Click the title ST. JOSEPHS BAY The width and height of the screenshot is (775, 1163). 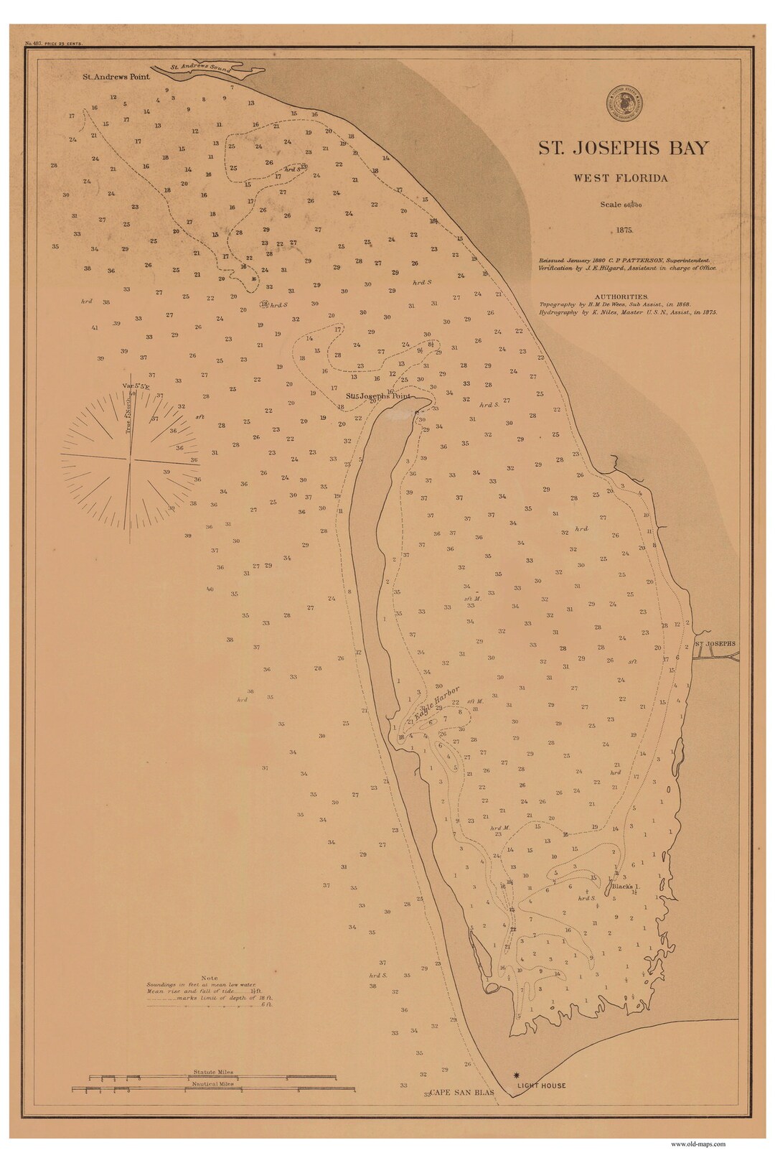point(624,149)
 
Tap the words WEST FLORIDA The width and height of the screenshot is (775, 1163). point(620,178)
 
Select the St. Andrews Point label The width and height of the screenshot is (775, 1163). point(116,77)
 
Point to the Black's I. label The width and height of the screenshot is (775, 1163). point(626,886)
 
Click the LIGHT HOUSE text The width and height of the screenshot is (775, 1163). point(542,1085)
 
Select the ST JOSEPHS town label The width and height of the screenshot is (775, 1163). point(716,645)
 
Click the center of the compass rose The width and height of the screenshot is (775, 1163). point(130,457)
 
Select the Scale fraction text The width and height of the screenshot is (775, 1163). point(621,205)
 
